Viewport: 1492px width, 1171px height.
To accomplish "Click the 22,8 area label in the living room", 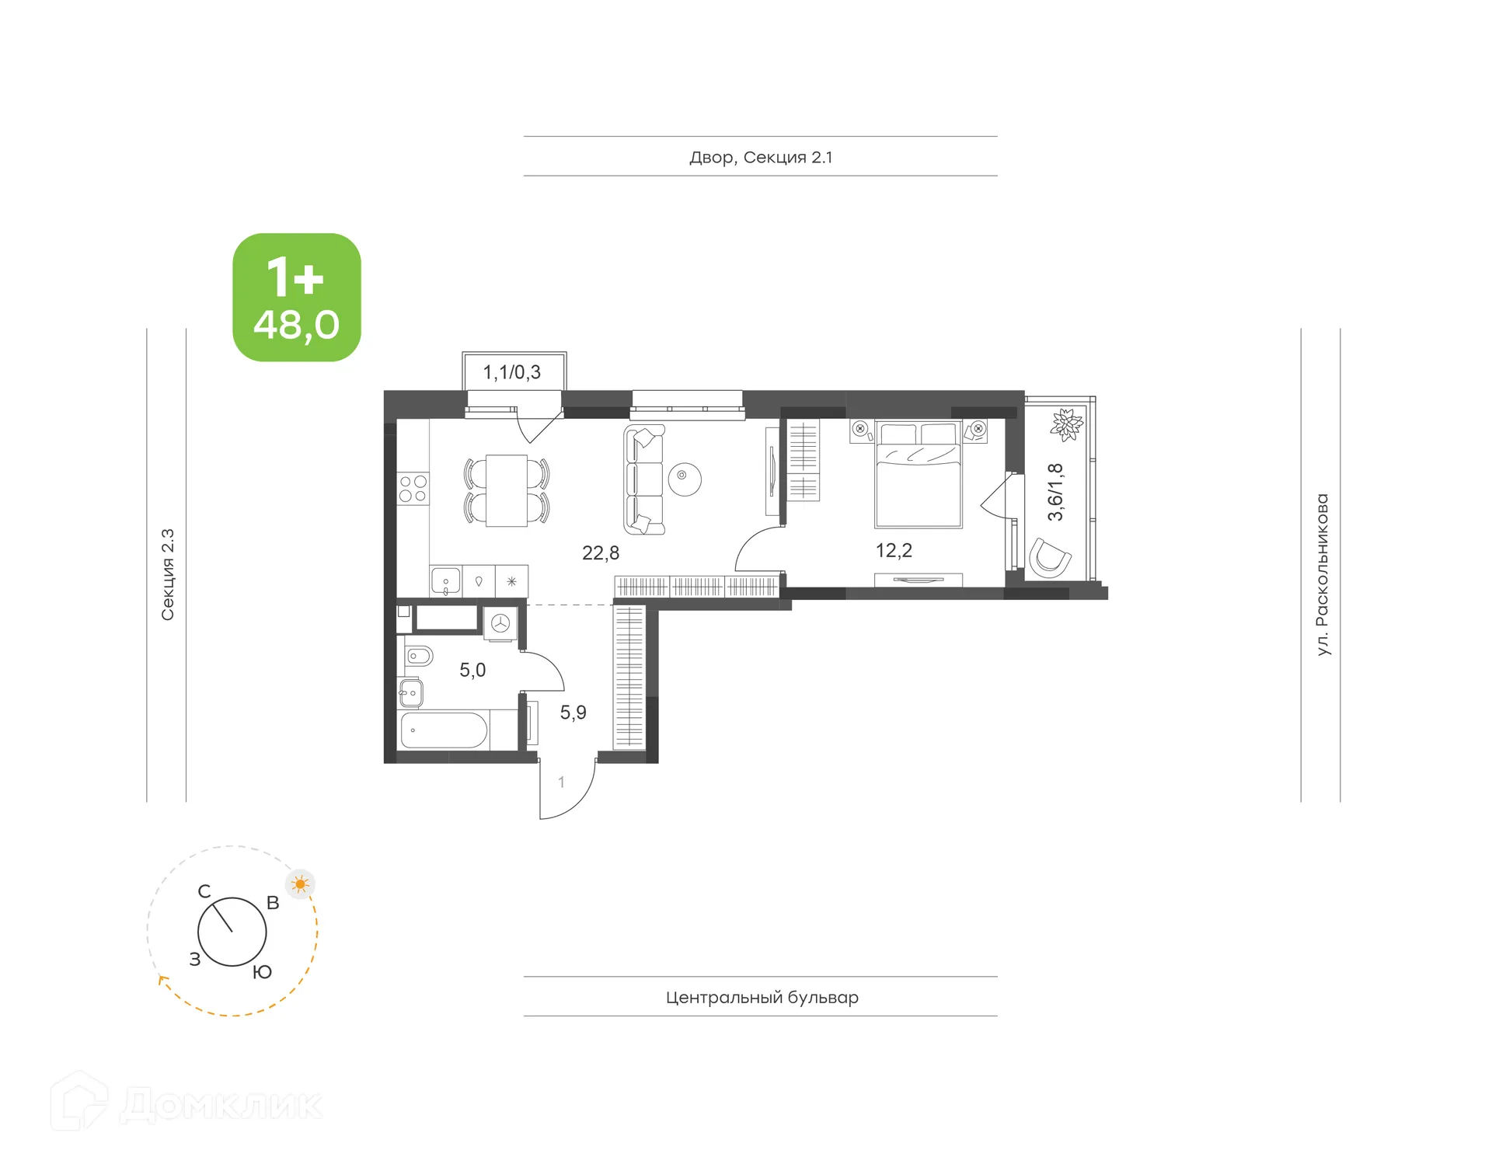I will point(601,553).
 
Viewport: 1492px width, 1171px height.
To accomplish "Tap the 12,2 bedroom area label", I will point(894,551).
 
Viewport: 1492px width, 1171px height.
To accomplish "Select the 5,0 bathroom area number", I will point(472,670).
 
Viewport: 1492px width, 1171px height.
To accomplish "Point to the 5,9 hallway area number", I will point(573,713).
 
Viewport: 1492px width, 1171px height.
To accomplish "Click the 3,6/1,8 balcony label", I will point(1055,492).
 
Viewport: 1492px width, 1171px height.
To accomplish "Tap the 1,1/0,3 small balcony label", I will point(512,372).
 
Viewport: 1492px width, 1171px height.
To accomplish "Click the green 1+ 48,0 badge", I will point(297,298).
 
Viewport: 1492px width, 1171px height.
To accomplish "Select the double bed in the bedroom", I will point(919,476).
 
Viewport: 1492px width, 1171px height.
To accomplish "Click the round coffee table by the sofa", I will point(684,478).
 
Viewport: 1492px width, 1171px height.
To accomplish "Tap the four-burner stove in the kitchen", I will point(413,489).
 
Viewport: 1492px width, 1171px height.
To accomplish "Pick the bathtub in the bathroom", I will point(444,730).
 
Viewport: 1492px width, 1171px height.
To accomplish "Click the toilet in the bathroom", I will point(418,657).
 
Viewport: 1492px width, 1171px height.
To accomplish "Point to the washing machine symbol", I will point(500,623).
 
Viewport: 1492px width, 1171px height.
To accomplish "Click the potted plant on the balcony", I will point(1066,424).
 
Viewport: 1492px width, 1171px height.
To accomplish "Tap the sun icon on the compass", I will point(300,884).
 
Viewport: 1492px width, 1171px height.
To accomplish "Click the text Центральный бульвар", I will point(762,997).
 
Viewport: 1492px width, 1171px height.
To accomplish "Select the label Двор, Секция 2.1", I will point(761,158).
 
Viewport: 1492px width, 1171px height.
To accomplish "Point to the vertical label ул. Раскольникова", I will point(1322,574).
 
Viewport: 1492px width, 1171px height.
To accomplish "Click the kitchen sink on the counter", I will point(446,581).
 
